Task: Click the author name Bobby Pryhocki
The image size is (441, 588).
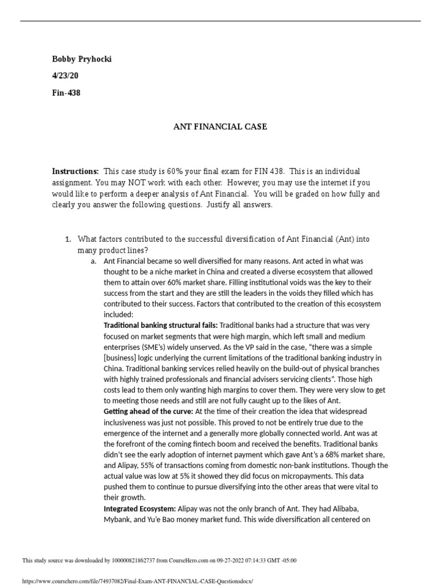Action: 82,59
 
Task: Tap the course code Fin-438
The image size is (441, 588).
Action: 66,92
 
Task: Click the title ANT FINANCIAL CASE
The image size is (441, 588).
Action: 220,126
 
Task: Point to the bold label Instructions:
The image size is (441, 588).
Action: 75,172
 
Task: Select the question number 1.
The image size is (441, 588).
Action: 67,239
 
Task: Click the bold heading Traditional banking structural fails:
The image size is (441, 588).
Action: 160,325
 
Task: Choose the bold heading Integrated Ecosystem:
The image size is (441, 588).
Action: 140,509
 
